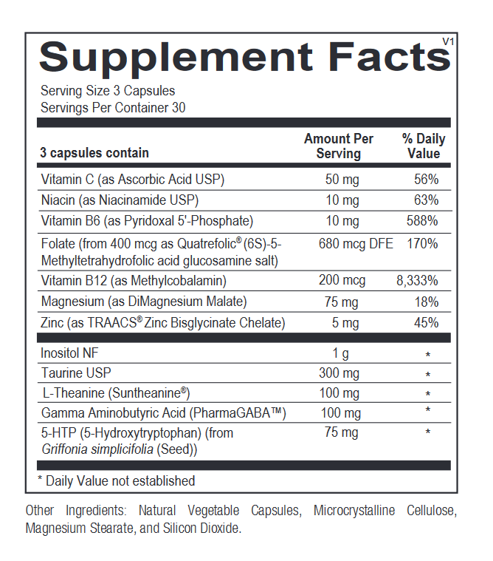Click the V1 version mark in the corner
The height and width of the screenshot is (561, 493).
448,41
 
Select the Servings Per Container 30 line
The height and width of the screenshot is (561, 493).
113,108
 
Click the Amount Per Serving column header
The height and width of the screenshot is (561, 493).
339,146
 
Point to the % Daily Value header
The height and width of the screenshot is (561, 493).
423,146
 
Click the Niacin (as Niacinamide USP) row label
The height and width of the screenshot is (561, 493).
120,200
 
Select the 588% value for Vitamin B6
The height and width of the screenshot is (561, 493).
422,221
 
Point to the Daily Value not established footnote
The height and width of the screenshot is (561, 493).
116,481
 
